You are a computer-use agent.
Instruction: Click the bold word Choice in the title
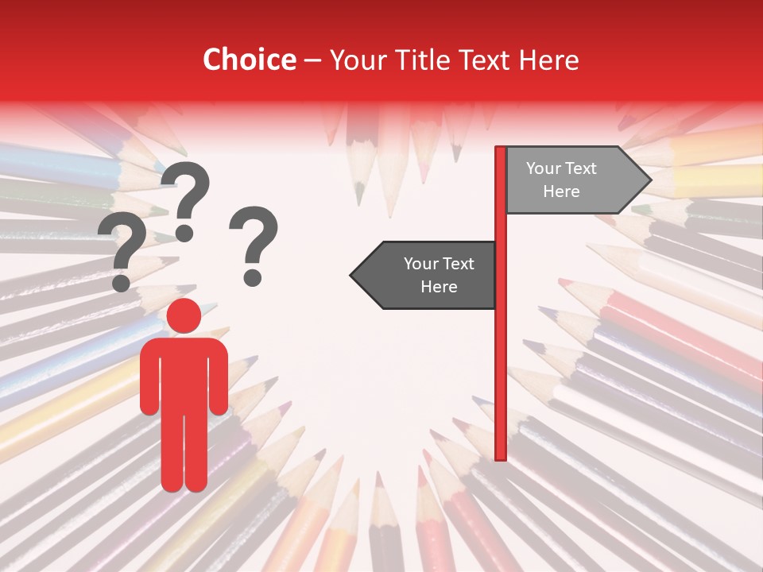249,60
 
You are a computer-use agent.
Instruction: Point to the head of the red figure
184,316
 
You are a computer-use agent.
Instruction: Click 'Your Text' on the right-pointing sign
561,168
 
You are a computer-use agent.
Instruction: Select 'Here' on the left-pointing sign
439,287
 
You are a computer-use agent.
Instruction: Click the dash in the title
312,60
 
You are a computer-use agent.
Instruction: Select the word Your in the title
356,60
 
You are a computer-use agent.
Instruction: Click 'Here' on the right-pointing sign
561,191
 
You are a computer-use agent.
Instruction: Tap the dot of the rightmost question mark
253,276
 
